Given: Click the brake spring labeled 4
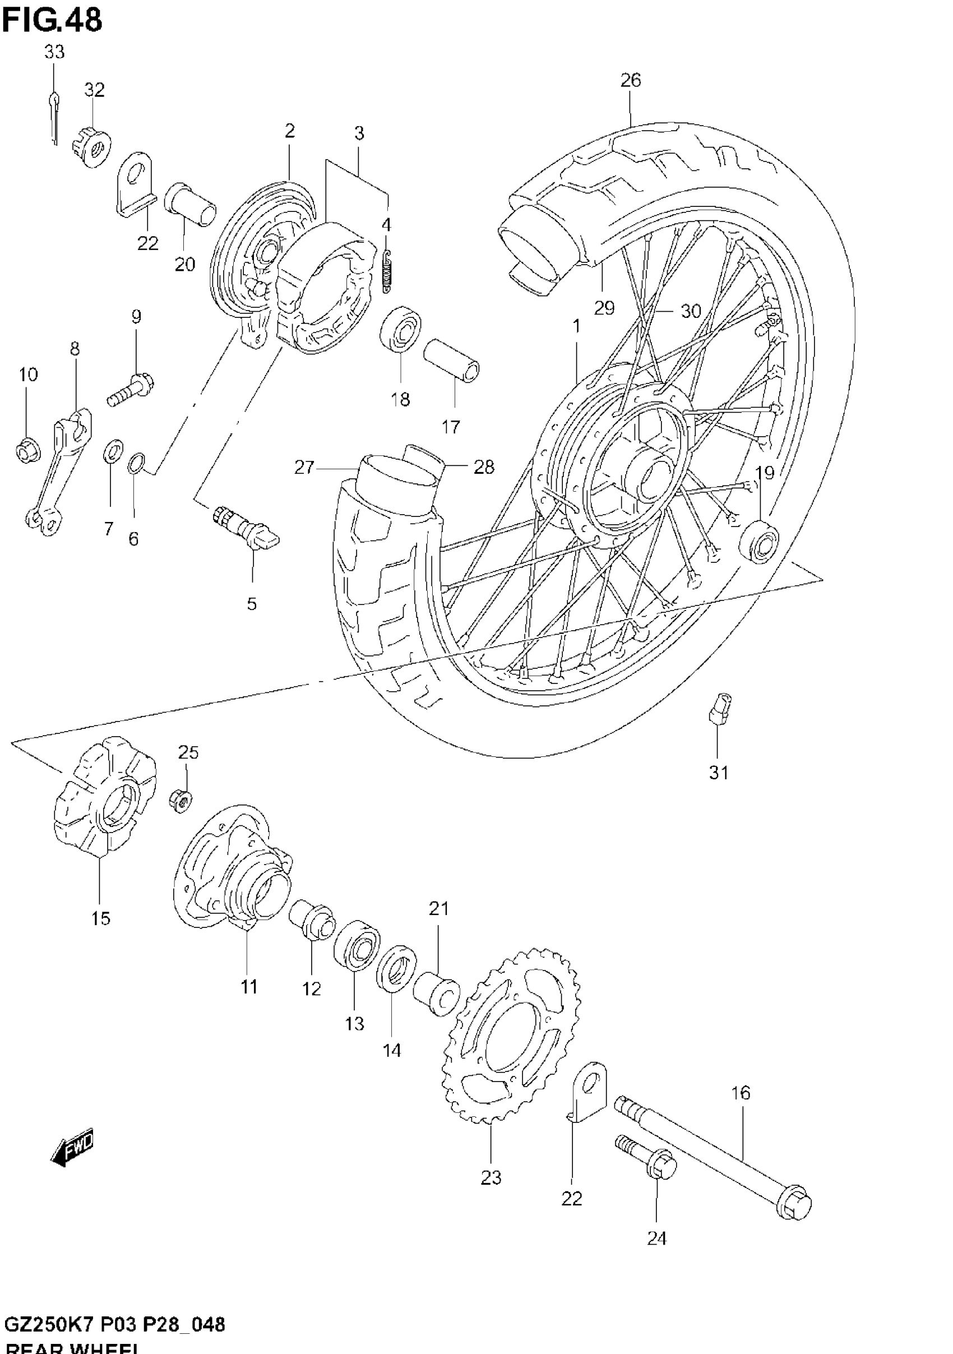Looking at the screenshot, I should [x=387, y=271].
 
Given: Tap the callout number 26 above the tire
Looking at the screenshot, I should [x=631, y=80].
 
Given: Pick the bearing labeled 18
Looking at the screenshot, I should [x=400, y=329].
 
